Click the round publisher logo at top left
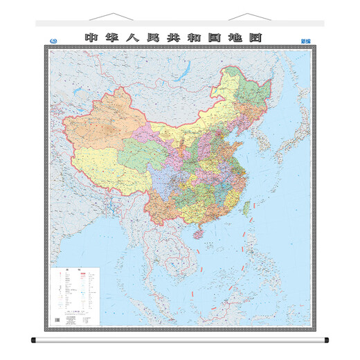point(55,39)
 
